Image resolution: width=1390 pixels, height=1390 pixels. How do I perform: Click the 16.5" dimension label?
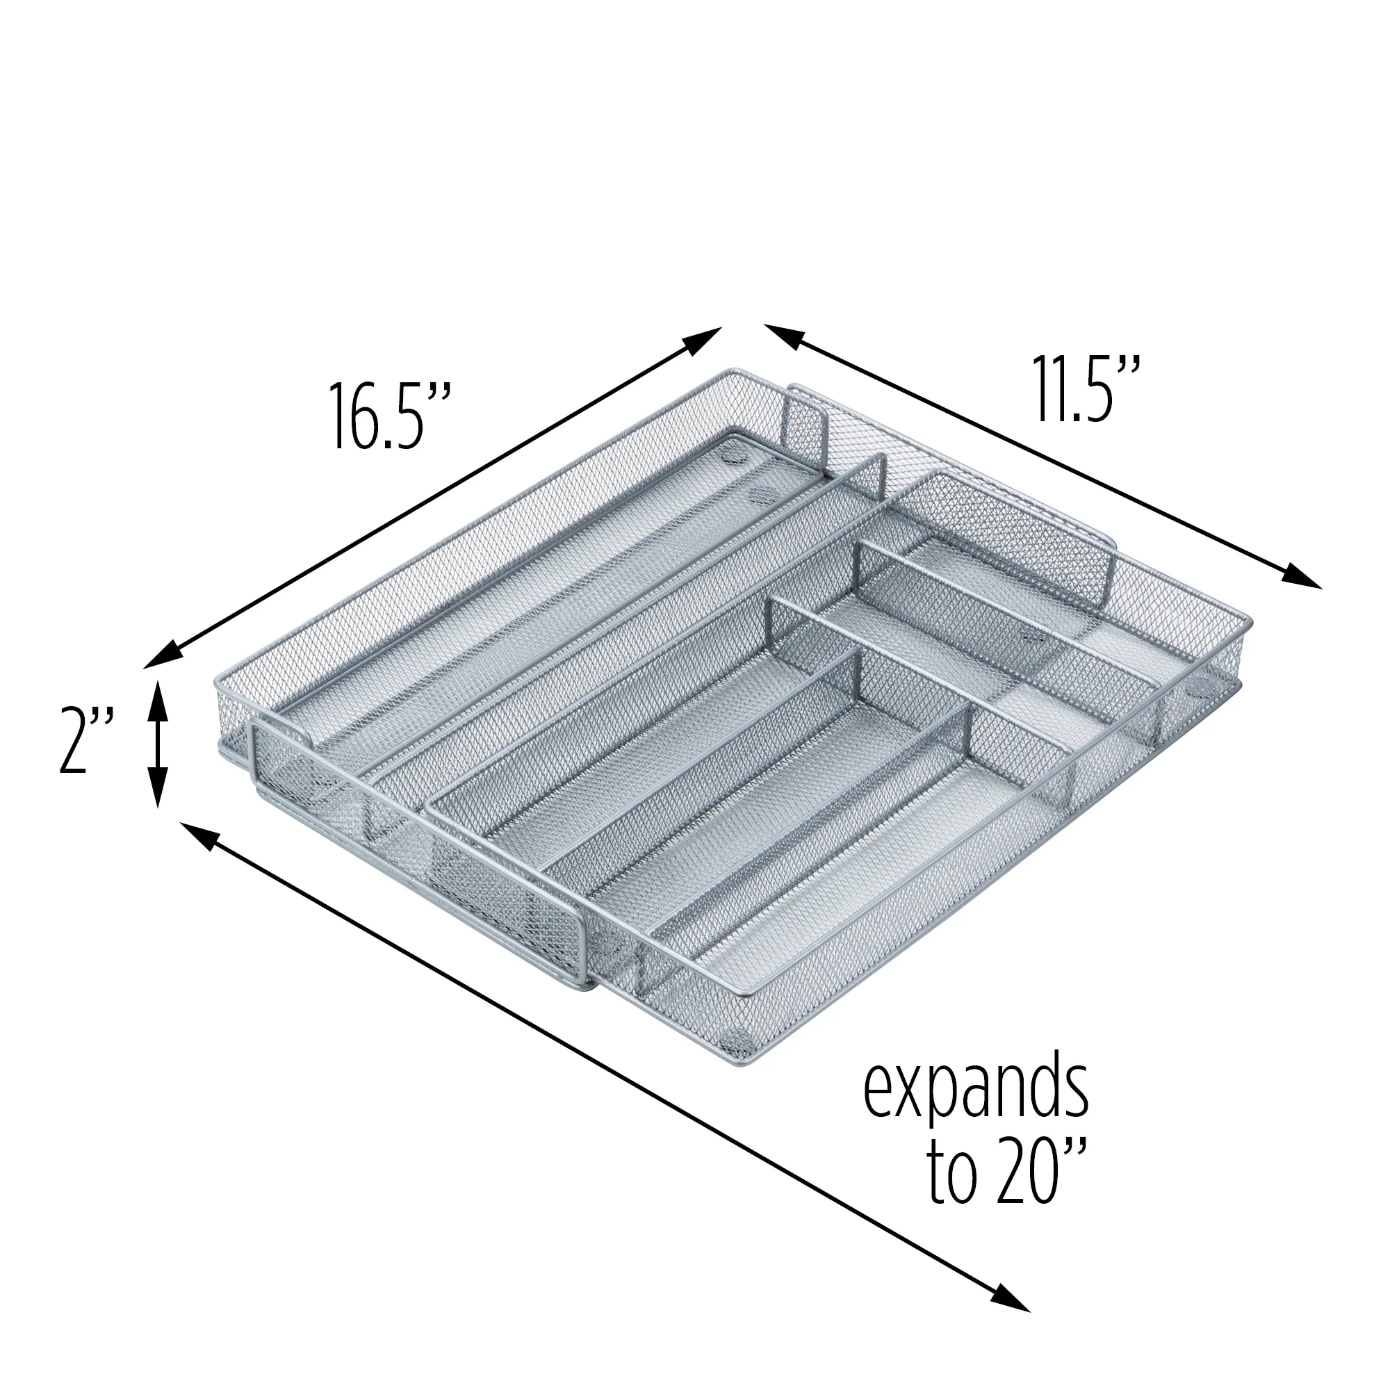[389, 416]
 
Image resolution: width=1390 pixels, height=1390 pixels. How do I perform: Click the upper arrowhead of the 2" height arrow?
[158, 699]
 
